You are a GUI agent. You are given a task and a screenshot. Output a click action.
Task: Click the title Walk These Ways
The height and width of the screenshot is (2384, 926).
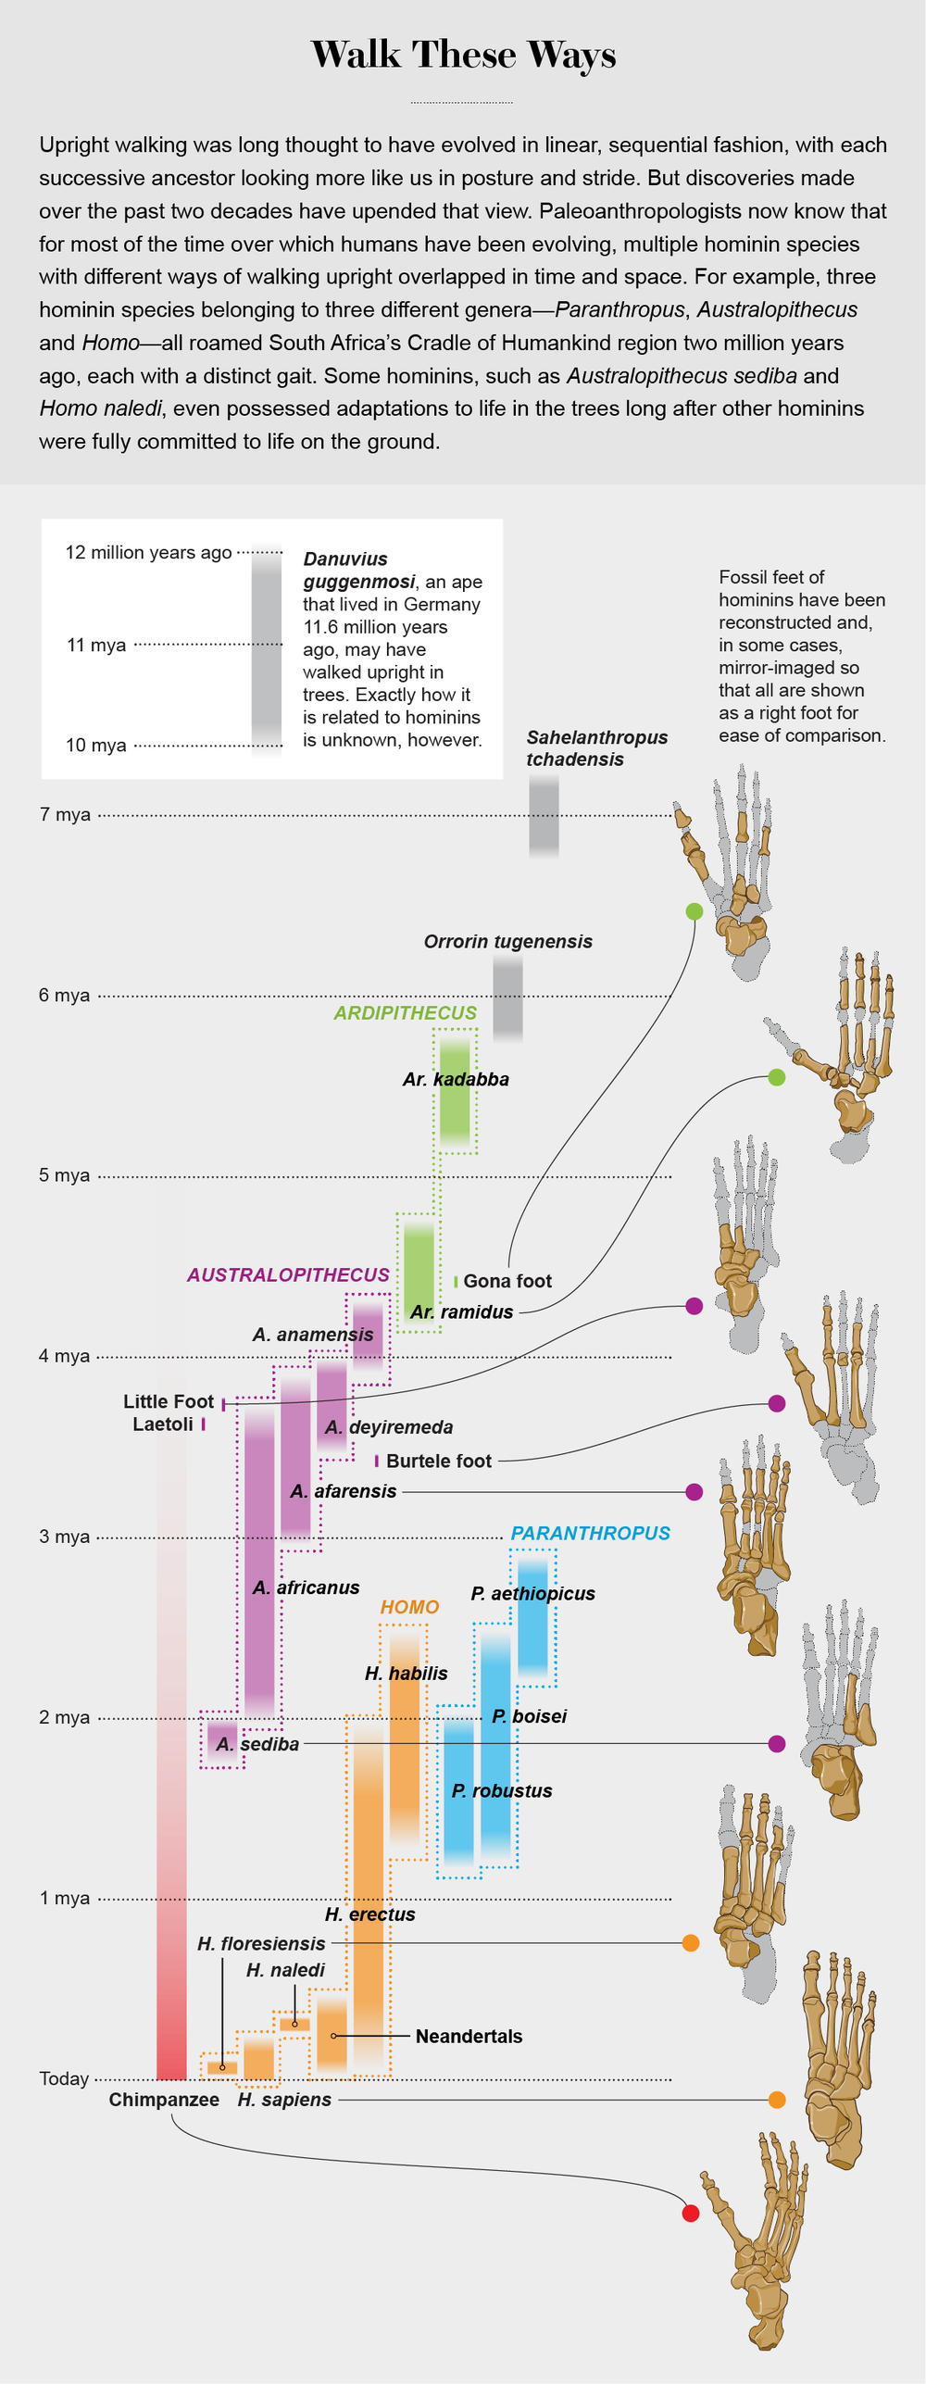click(x=463, y=55)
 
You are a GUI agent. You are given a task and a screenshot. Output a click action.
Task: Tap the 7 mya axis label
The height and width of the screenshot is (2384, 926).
click(x=65, y=815)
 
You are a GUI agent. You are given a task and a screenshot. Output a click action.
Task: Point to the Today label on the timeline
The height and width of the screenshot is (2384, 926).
click(x=64, y=2078)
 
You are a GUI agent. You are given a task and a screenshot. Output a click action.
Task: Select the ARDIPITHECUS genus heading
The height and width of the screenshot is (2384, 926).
click(x=405, y=1013)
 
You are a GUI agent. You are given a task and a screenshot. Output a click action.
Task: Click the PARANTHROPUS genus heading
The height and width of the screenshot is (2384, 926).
click(x=590, y=1533)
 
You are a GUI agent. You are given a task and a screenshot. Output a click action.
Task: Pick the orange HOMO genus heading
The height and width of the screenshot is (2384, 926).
click(x=409, y=1607)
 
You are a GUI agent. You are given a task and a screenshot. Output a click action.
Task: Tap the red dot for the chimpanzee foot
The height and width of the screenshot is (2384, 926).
click(x=690, y=2213)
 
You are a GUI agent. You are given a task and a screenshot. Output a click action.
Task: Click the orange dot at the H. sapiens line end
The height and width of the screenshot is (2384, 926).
click(x=777, y=2100)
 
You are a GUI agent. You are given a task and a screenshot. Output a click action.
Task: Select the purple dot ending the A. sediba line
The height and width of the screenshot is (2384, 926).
click(x=777, y=1744)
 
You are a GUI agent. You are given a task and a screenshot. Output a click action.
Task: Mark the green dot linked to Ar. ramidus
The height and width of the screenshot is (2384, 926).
click(x=777, y=1077)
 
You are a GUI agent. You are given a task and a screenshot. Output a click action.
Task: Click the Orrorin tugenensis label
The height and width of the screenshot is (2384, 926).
click(x=507, y=942)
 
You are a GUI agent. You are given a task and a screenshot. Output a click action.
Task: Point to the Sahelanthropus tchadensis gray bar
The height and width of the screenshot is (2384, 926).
click(x=544, y=815)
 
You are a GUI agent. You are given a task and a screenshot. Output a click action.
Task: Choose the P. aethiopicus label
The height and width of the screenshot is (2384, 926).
click(x=532, y=1593)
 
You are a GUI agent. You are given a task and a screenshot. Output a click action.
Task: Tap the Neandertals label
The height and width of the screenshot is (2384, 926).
click(x=469, y=2036)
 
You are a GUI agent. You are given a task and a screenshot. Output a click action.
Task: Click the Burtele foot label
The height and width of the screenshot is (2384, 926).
click(x=438, y=1461)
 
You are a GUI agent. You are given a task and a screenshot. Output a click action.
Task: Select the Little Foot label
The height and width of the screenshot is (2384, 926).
click(x=169, y=1401)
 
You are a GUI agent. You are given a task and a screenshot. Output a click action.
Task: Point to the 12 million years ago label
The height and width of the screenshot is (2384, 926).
click(x=148, y=553)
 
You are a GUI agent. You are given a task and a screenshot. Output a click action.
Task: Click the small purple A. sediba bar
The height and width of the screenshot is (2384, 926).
click(x=221, y=1739)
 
